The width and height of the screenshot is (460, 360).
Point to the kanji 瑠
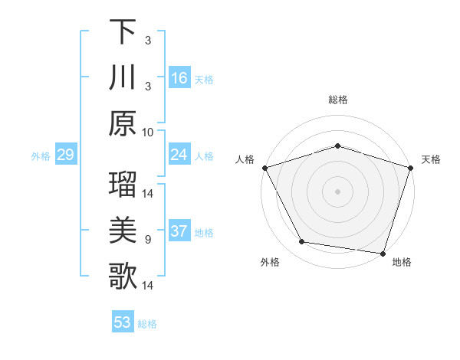[123, 185]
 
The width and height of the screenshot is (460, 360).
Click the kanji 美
[123, 230]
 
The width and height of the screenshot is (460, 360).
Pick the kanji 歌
[123, 276]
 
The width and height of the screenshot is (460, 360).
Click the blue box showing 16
[179, 77]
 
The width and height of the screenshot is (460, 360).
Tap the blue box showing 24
[179, 155]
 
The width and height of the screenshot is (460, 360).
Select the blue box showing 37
[179, 232]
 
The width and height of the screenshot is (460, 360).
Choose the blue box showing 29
[65, 155]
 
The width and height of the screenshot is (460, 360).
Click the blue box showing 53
[123, 322]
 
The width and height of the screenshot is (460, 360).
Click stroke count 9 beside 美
[147, 240]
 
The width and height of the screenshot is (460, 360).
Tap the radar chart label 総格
[337, 100]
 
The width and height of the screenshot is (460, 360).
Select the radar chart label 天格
[431, 159]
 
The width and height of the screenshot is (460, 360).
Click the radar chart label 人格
[245, 159]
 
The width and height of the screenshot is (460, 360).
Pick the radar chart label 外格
[269, 262]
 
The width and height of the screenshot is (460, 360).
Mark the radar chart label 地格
[402, 262]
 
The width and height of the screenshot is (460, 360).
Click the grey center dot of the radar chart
[337, 191]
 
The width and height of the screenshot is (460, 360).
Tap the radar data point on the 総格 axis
[337, 146]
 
